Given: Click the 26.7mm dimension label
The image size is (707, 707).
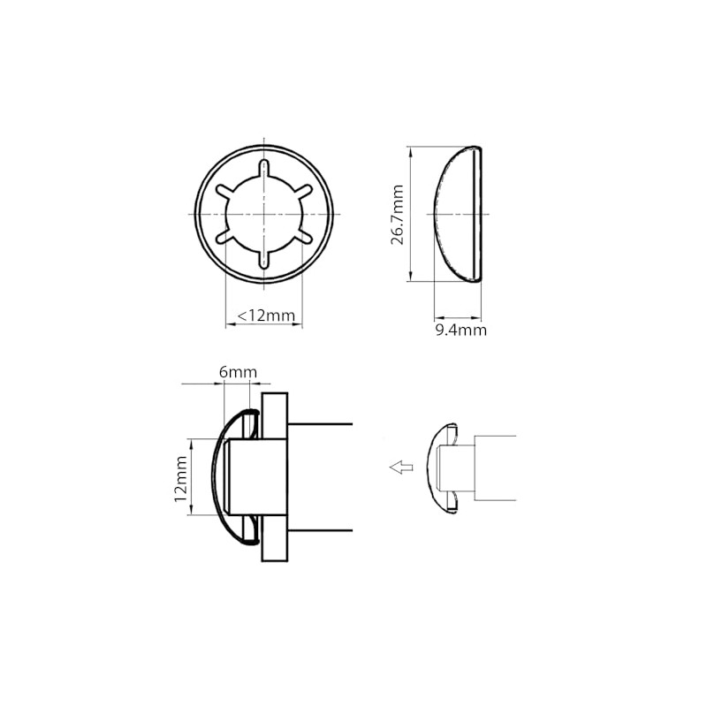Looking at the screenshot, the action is tap(397, 215).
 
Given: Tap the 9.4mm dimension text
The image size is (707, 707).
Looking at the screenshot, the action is tap(460, 330).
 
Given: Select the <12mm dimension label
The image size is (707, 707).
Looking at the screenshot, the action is tap(266, 315).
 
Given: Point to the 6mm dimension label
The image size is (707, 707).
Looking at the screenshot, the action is tap(238, 372).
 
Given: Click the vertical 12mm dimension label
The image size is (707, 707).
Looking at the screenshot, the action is tap(181, 479).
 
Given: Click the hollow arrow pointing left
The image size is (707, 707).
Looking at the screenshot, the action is tap(401, 468).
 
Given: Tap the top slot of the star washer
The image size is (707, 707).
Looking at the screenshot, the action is tap(263, 170).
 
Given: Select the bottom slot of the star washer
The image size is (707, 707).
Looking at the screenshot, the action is tap(263, 259).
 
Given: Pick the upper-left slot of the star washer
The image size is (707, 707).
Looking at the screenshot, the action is tap(225, 191).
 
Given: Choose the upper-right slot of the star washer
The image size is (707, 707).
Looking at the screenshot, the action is tap(302, 191).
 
